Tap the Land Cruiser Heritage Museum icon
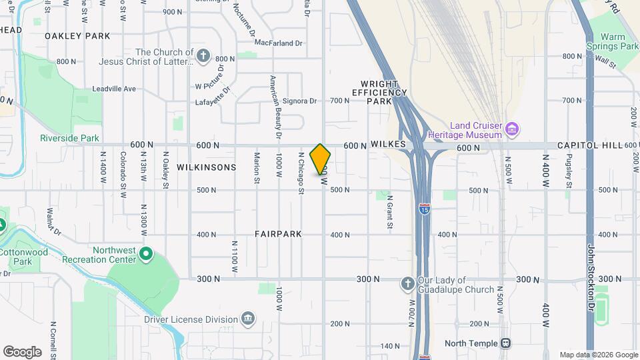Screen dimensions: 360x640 coord(512,128)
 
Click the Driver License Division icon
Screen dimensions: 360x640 coord(248,318)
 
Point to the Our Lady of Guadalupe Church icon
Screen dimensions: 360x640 coord(407,284)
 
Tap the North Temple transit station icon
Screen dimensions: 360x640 coord(506,343)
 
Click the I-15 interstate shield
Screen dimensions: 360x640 coord(424,209)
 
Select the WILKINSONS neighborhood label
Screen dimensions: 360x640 coord(206,167)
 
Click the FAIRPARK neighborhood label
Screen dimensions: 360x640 coord(278,235)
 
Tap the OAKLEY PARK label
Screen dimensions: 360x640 coord(77,35)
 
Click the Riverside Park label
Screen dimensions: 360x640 coord(69,139)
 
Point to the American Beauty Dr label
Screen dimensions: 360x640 coord(274,103)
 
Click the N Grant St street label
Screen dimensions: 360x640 coord(390,213)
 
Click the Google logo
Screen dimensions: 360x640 coord(22,351)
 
